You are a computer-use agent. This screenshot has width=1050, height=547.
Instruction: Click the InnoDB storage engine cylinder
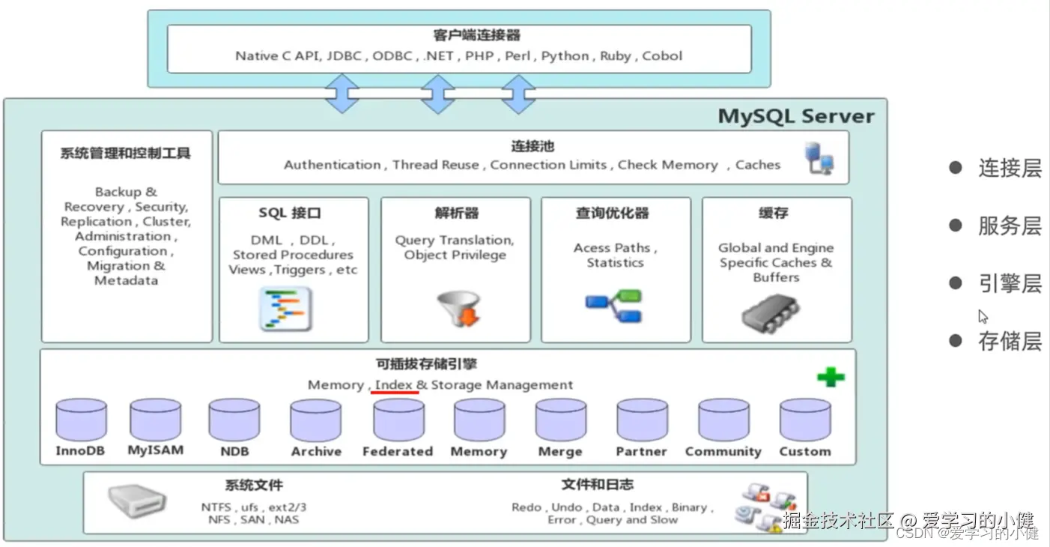coord(81,420)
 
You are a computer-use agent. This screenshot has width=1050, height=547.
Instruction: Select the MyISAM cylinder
coord(156,420)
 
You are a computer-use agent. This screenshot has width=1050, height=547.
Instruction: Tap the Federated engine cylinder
coord(399,420)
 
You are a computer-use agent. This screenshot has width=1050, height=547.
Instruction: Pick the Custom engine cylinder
coord(805,420)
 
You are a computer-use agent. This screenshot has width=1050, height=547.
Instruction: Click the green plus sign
coord(831,377)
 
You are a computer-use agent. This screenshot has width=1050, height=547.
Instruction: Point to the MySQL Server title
coord(796,116)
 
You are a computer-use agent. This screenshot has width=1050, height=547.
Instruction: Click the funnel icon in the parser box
coord(458,308)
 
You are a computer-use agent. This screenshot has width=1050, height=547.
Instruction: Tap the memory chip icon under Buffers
coord(771,313)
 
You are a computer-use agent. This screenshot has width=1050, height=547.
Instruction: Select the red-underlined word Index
coord(394,384)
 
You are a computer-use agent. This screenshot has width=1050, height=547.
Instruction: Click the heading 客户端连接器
coord(476,35)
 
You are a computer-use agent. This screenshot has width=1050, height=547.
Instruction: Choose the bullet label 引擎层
coord(1010,284)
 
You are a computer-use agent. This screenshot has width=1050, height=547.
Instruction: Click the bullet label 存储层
coord(1010,341)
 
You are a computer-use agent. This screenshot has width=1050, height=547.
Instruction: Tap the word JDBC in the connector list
coord(344,56)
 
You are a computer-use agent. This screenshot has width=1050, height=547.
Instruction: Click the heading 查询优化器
coord(612,213)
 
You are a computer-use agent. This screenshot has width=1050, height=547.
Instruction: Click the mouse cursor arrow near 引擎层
coord(983,317)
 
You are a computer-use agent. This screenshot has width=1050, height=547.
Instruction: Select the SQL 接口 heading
coord(290,213)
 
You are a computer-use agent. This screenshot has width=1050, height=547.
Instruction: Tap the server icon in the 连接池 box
coord(819,158)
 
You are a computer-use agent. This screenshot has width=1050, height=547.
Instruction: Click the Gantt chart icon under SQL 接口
coord(285,309)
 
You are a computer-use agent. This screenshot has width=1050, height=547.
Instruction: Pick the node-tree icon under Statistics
coord(613,306)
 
